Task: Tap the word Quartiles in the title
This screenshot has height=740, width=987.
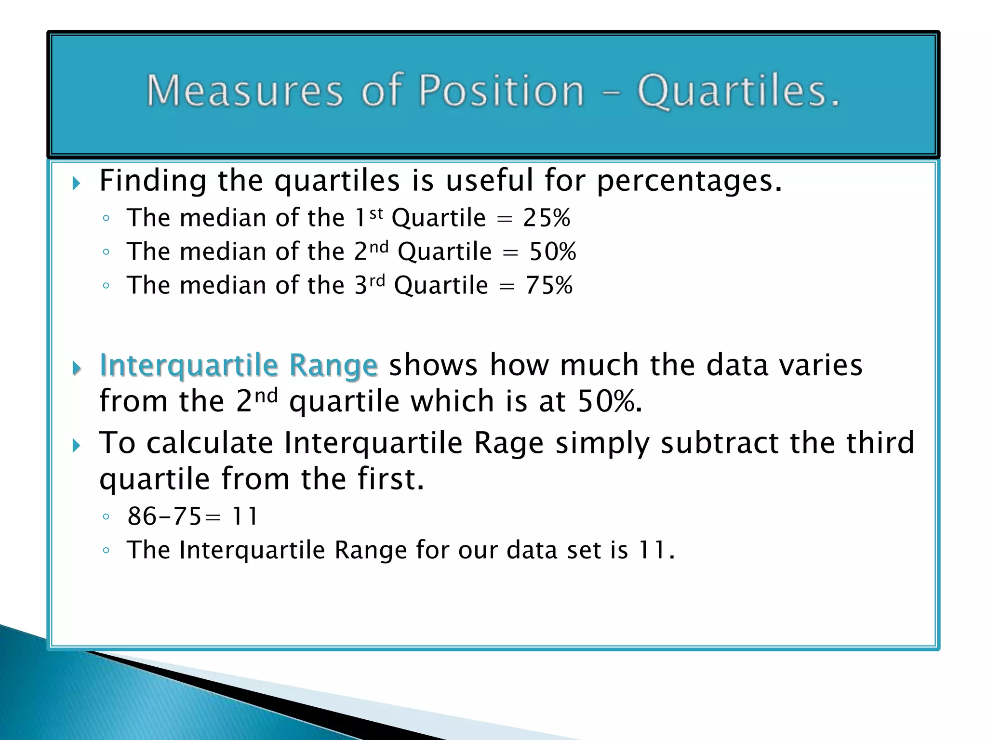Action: (738, 92)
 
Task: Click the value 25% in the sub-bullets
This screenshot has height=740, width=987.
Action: (547, 218)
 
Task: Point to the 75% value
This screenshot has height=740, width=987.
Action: (549, 285)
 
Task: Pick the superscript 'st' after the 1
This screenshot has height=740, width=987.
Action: (376, 213)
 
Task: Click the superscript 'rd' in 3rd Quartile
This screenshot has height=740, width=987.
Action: (378, 280)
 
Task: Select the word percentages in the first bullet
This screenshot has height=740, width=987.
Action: (689, 182)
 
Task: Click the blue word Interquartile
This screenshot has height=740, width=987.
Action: (188, 366)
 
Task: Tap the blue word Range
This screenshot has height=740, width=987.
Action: (333, 366)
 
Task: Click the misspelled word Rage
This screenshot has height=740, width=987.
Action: (508, 443)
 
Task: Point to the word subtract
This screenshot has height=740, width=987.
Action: (719, 443)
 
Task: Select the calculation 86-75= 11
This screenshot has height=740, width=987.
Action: (193, 516)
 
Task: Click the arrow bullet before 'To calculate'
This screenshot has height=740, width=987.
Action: (76, 446)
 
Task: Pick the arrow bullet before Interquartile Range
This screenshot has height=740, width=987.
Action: (76, 369)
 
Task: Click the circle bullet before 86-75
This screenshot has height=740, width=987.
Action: (107, 517)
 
